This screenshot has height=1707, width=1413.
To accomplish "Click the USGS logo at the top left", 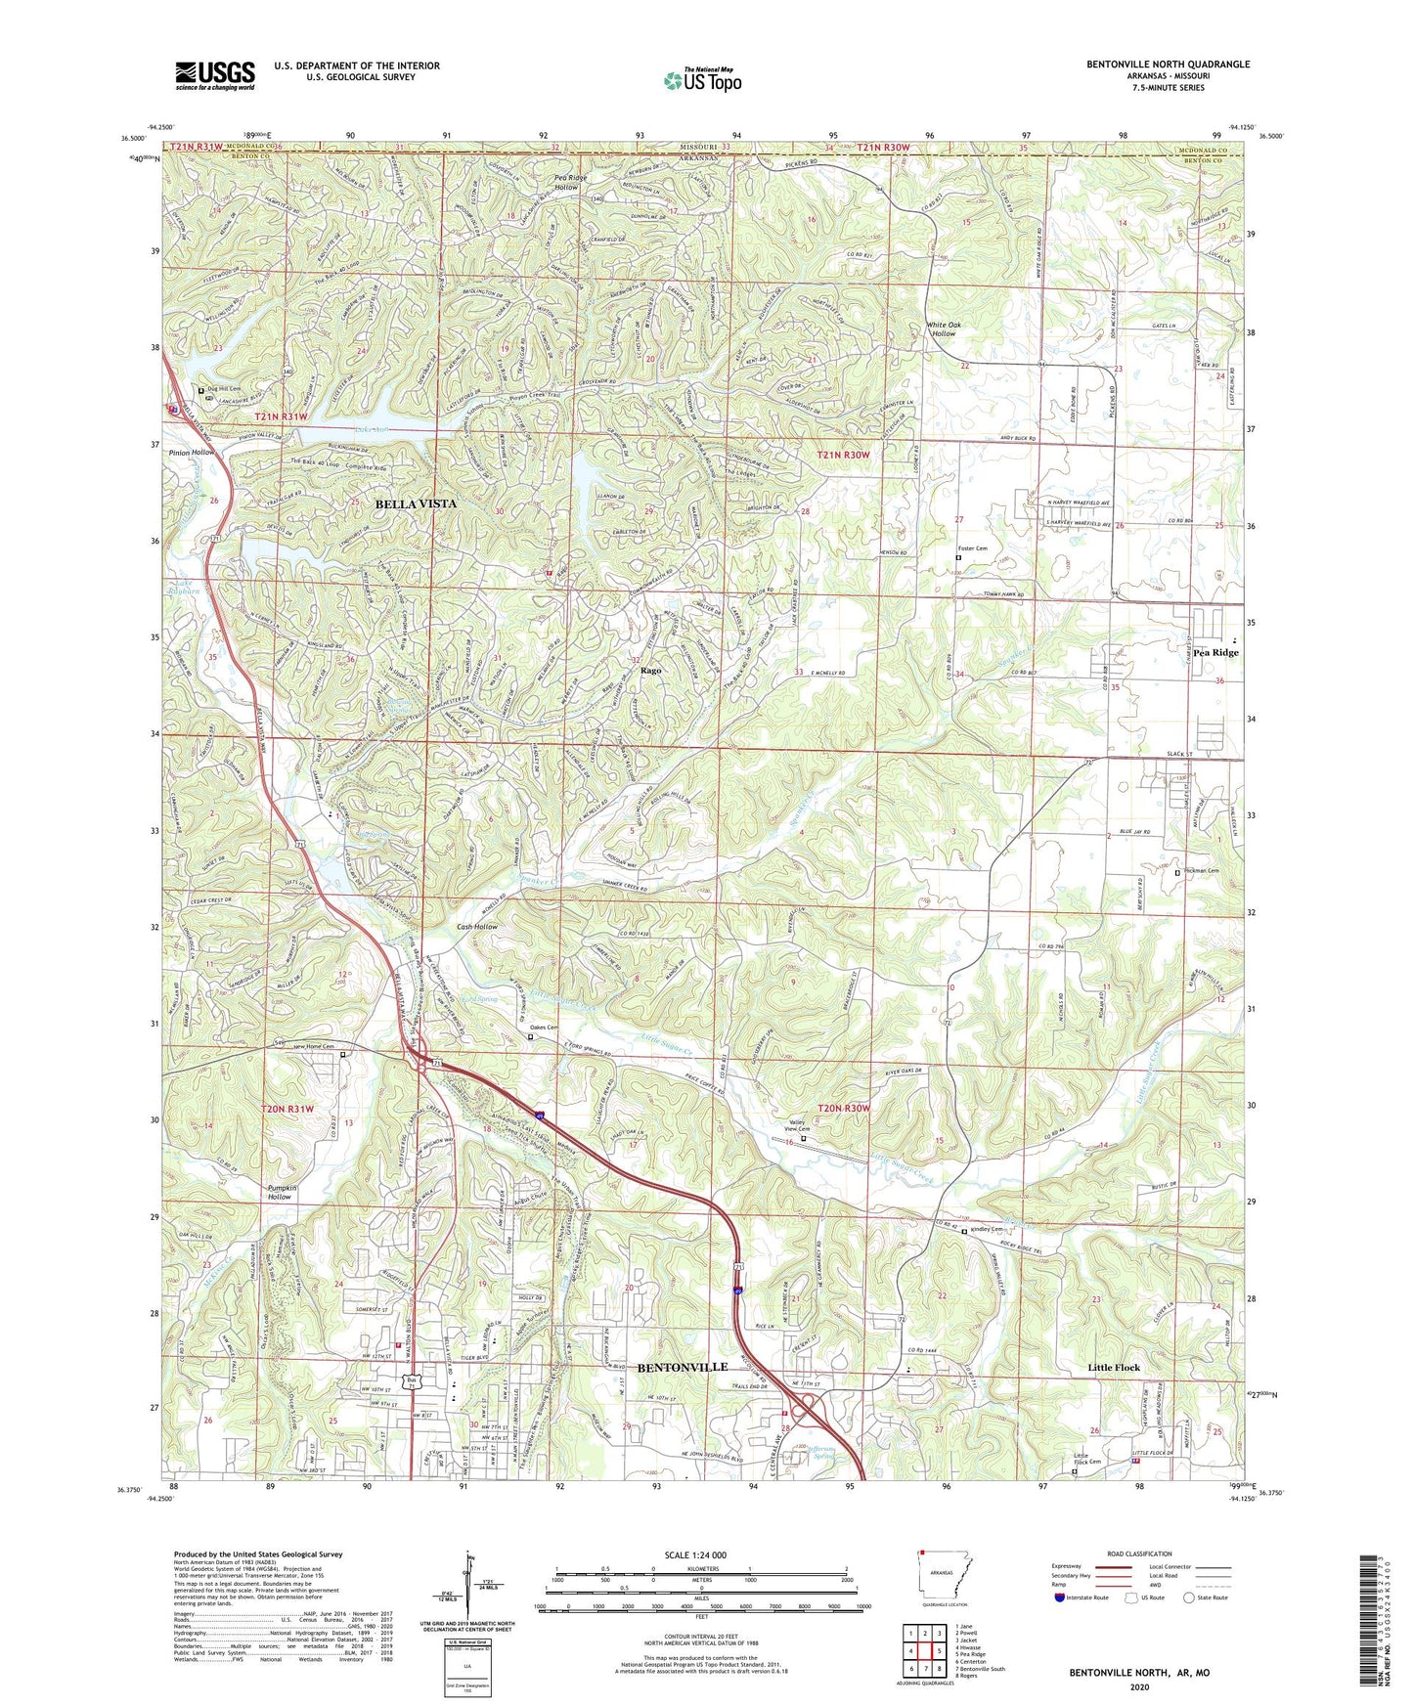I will point(215,75).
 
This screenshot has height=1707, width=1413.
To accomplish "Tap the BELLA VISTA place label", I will point(416,503).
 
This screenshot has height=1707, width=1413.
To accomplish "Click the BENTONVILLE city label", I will point(683,1367).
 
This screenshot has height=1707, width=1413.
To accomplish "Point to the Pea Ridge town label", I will point(1215,652).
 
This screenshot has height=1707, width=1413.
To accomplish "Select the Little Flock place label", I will point(1114,1367).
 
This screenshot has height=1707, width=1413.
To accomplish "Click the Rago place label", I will point(651,671).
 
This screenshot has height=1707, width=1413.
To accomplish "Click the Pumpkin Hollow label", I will point(280,1192).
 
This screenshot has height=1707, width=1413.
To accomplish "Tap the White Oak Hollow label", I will point(943,328).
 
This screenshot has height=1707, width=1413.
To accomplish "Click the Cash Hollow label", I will point(477,926).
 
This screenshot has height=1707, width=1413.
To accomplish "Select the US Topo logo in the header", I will point(701,80).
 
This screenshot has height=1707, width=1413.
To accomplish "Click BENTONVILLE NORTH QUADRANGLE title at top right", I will point(1168,65).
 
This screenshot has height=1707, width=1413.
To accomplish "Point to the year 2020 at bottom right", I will point(1138,1686).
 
